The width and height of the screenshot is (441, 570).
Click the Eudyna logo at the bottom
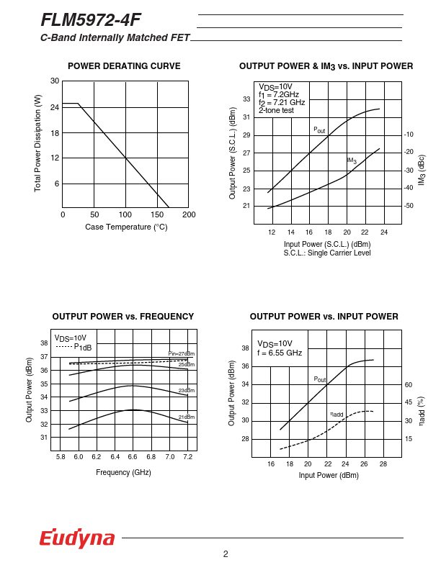click(77, 538)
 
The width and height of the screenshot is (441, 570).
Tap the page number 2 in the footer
click(226, 553)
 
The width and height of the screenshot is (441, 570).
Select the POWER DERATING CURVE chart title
click(124, 66)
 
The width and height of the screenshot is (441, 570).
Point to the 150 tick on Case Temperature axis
click(157, 214)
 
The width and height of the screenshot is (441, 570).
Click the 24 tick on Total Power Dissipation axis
click(55, 107)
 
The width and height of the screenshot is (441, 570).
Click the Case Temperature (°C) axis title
click(126, 227)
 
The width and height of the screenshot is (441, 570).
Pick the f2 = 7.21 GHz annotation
click(282, 102)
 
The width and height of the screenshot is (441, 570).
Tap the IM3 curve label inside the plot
click(352, 160)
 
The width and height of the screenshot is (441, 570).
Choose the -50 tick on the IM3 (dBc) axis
click(409, 206)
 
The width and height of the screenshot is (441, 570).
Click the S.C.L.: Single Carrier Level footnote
click(327, 253)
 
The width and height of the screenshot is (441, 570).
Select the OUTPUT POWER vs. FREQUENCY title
click(123, 316)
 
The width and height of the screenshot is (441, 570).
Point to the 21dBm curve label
click(187, 417)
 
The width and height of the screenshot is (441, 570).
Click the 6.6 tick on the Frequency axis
click(133, 457)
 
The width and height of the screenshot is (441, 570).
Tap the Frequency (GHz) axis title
click(123, 472)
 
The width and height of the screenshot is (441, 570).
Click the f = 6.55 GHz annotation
click(280, 353)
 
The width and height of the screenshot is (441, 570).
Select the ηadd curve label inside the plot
click(337, 414)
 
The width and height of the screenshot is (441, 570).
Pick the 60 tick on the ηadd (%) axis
click(409, 384)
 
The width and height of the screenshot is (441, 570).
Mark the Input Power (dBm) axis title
click(329, 475)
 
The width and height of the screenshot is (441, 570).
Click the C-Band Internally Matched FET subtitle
click(115, 37)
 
